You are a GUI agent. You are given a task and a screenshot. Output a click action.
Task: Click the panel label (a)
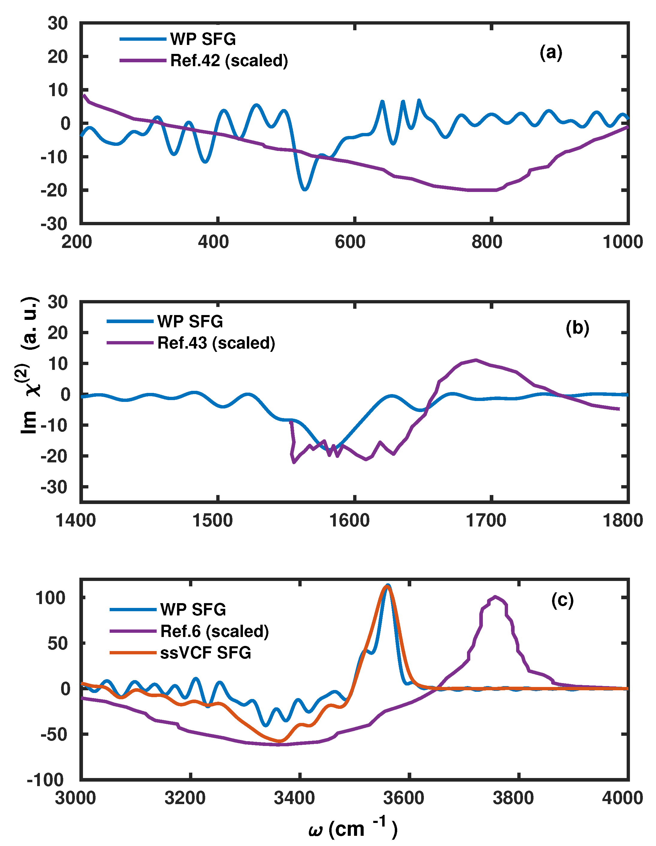coord(551,52)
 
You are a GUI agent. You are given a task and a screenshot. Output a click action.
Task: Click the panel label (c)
coord(562,600)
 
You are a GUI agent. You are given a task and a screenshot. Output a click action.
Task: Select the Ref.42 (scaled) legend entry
coord(229,61)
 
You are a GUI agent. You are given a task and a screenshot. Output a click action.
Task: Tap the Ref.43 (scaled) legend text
coord(216,343)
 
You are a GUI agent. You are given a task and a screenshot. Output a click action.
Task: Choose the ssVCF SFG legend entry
coord(205,653)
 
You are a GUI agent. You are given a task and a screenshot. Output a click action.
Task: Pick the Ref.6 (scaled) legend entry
coord(214,631)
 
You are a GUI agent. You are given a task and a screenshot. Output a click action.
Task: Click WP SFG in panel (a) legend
coord(203,39)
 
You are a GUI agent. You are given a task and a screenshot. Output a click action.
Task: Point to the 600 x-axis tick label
coord(350,242)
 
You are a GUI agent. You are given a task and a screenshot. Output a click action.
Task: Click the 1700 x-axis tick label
coord(486,520)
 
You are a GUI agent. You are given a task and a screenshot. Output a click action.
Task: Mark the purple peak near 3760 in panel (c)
coord(495,597)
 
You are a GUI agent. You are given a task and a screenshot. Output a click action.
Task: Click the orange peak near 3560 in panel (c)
coord(387,586)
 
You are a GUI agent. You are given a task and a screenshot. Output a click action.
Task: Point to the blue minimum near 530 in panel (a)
coord(305,190)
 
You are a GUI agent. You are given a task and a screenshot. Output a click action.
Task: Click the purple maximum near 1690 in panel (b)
coord(476,360)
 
